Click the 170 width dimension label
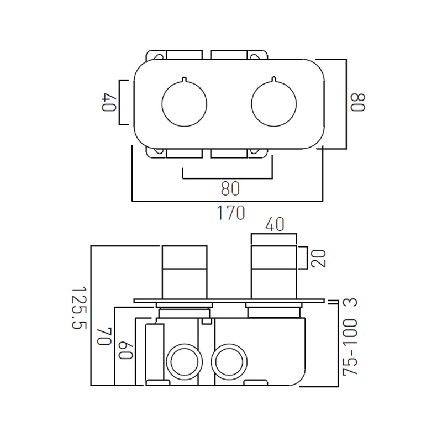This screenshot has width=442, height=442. (231, 212)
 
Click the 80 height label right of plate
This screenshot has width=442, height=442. (358, 103)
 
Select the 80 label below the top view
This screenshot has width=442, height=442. (230, 189)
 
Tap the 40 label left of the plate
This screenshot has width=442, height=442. (108, 103)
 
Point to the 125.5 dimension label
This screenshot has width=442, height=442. (79, 308)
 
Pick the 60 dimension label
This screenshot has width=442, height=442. (125, 350)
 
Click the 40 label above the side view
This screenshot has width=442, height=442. (274, 225)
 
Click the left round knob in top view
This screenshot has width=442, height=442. (184, 103)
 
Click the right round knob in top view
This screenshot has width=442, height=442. (274, 103)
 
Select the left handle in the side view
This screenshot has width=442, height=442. (184, 271)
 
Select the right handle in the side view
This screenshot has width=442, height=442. (274, 271)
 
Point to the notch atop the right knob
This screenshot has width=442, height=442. (274, 82)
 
